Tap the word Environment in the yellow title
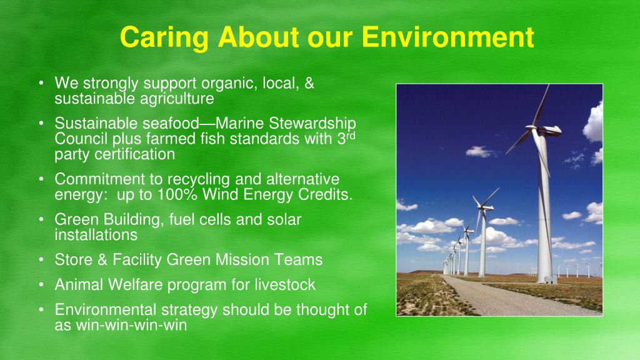tap(447, 37)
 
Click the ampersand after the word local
tap(309, 83)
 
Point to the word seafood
tap(171, 123)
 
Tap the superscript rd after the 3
tap(351, 136)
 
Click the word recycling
tap(199, 180)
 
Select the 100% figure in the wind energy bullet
tap(177, 195)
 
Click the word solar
tap(284, 219)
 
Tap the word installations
tap(96, 235)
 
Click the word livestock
tap(285, 284)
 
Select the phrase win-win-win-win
tap(131, 325)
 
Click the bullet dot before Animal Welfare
tap(41, 284)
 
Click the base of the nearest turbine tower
tap(546, 279)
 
